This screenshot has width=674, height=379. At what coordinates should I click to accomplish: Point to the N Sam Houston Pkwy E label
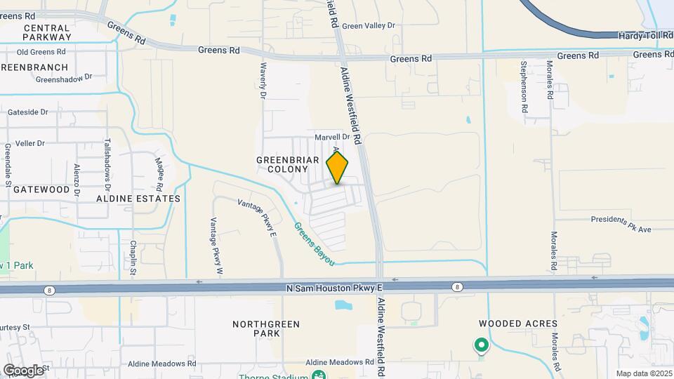point(334,288)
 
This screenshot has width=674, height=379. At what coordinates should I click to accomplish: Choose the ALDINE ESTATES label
point(138,199)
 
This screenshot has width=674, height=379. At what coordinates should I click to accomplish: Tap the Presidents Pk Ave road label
point(621,222)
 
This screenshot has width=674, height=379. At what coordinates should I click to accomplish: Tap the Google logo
point(22,370)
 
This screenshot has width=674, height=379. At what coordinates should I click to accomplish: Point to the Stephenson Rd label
point(524,87)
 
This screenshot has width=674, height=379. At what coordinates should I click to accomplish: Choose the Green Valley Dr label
point(369,26)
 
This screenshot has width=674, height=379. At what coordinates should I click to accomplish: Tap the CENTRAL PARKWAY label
point(47,32)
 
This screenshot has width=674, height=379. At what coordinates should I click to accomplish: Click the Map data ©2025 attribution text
point(644,373)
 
